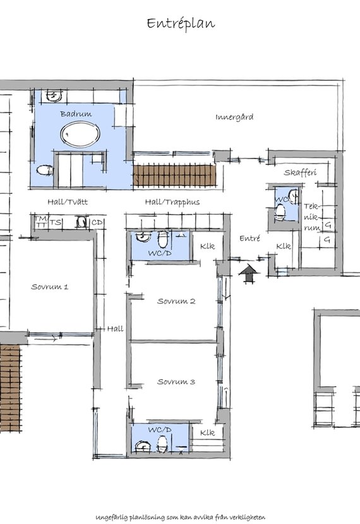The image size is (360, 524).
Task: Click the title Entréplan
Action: [x=181, y=24]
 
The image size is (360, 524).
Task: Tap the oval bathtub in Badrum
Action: [x=80, y=134]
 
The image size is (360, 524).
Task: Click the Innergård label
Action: [x=234, y=117]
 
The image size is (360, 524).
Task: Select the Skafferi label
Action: [x=300, y=172]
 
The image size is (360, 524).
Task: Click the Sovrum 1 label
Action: [x=50, y=287]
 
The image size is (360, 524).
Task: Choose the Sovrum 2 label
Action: [x=176, y=301]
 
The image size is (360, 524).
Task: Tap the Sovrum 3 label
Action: [x=176, y=382]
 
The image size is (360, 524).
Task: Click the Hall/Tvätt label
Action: [x=68, y=202]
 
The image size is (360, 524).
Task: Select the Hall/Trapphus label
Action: [x=172, y=202]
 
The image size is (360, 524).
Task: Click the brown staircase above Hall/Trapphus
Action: [x=174, y=175]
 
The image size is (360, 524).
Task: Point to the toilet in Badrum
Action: [x=45, y=170]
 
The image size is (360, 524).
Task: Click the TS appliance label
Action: [x=56, y=222]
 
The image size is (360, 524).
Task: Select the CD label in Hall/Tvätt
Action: [x=97, y=222]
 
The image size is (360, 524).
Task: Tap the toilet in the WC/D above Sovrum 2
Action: [x=163, y=239]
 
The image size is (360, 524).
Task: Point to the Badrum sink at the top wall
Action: [x=53, y=95]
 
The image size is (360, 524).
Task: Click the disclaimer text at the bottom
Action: [x=181, y=517]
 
